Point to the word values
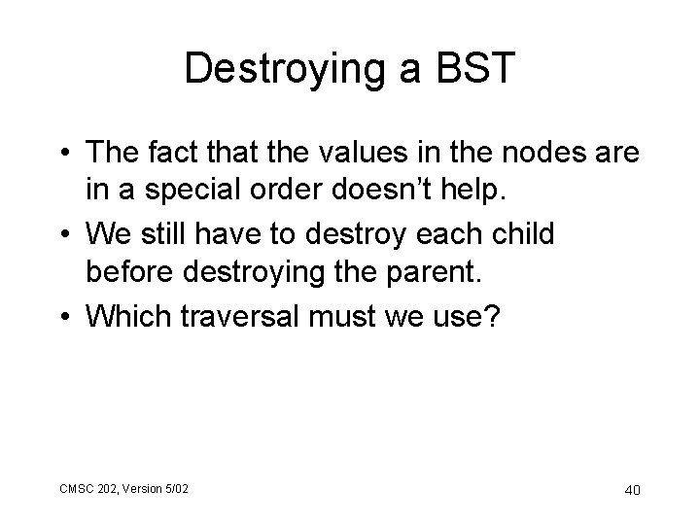click(359, 153)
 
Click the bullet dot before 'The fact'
click(64, 154)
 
